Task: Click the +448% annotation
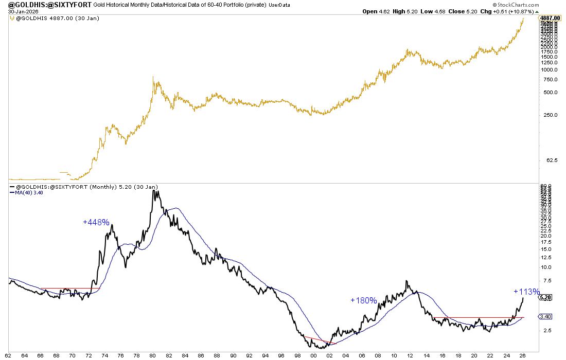pyautogui.click(x=96, y=222)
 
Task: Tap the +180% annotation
pyautogui.click(x=364, y=300)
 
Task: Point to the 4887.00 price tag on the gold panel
pyautogui.click(x=550, y=18)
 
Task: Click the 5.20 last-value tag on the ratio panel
pyautogui.click(x=545, y=298)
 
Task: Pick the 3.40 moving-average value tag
pyautogui.click(x=545, y=316)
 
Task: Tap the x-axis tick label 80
pyautogui.click(x=153, y=355)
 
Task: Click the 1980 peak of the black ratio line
pyautogui.click(x=153, y=191)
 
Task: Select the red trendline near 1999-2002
pyautogui.click(x=319, y=339)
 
